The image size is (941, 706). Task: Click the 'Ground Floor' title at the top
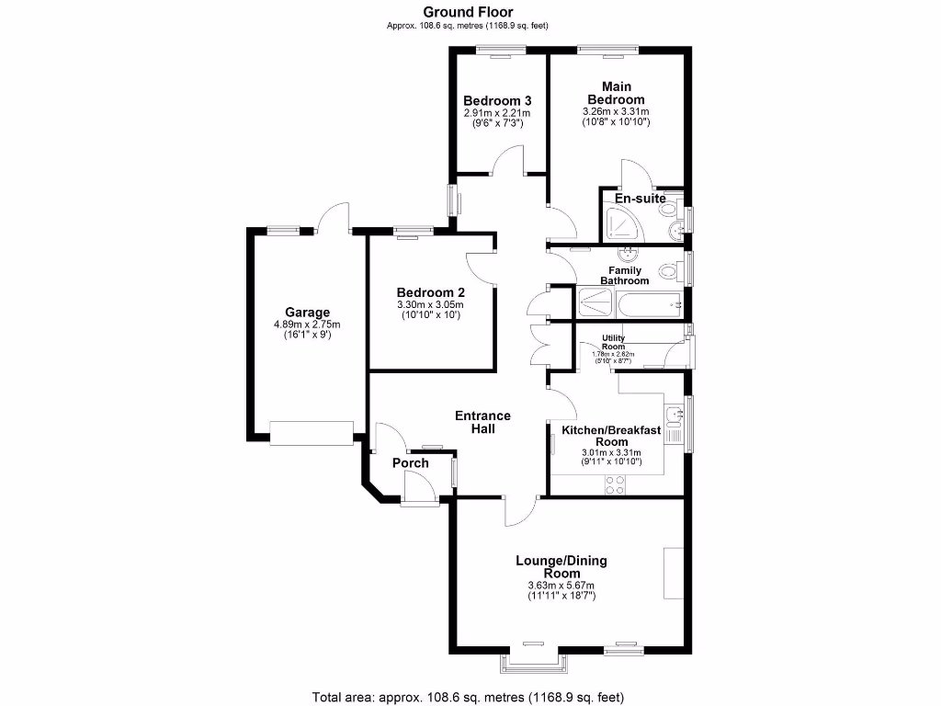click(x=468, y=12)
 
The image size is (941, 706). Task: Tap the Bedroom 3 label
click(x=497, y=100)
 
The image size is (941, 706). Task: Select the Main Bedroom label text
click(x=616, y=93)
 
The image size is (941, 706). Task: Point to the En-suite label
click(x=640, y=199)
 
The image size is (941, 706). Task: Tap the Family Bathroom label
click(x=625, y=276)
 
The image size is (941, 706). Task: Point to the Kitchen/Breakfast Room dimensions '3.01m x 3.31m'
click(x=611, y=452)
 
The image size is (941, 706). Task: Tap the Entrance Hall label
click(x=482, y=422)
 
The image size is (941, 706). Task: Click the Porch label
click(x=411, y=462)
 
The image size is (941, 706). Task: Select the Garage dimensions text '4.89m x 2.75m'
click(x=307, y=325)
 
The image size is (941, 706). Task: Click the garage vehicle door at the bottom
click(x=312, y=433)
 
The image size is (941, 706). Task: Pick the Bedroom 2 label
click(x=430, y=292)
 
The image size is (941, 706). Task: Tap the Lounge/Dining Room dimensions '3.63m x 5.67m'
click(x=561, y=586)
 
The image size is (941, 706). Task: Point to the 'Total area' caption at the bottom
click(x=470, y=695)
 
